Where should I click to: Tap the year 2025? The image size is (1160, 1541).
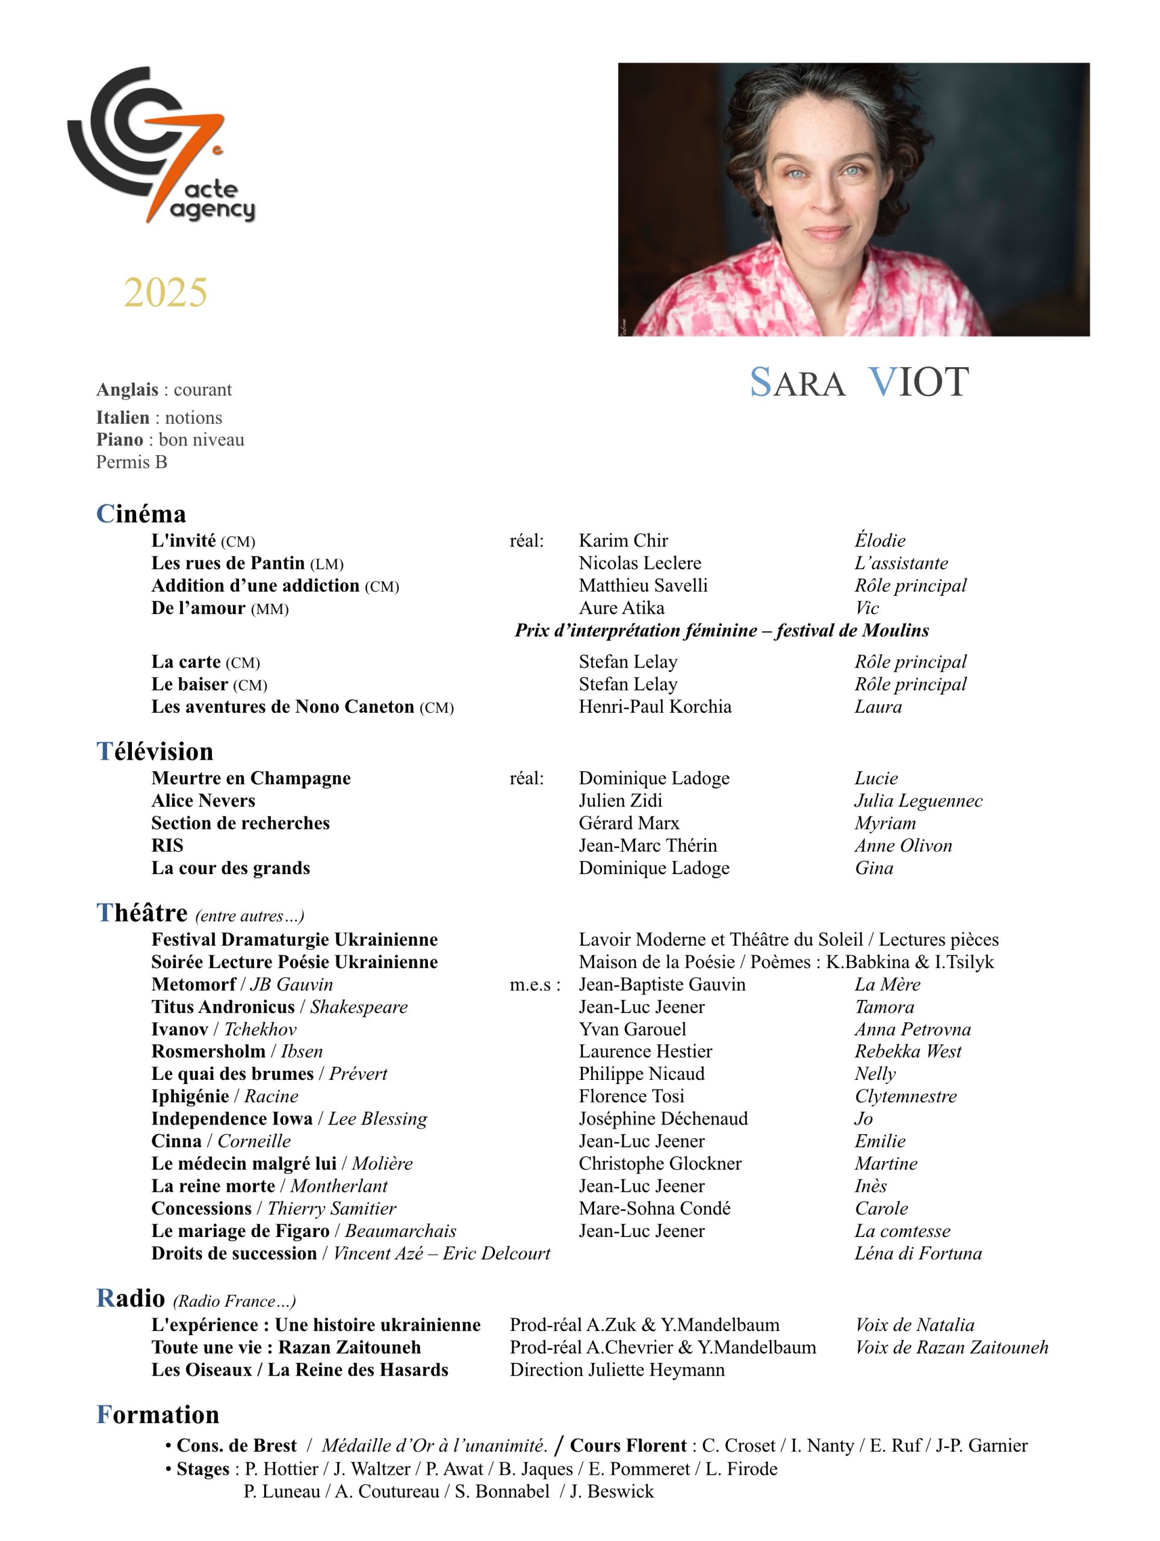[x=165, y=292]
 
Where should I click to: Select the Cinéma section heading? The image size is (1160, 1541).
[x=141, y=513]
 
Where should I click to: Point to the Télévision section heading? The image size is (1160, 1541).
[x=155, y=751]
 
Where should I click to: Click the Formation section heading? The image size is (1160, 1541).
[x=158, y=1414]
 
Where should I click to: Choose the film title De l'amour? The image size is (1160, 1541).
[x=198, y=607]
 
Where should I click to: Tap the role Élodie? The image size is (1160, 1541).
[x=880, y=540]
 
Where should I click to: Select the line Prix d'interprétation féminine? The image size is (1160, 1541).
[x=721, y=630]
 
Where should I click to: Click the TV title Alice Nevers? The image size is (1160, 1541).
[x=203, y=801]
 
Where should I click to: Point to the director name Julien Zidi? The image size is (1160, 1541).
[x=620, y=801]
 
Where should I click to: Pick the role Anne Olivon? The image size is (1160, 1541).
[x=903, y=845]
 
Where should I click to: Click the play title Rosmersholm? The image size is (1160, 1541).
[x=208, y=1050]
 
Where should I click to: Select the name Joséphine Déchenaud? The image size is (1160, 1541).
[x=663, y=1118]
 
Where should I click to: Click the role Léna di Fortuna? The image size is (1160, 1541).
[x=917, y=1253]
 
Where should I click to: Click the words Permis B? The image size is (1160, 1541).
[x=132, y=462]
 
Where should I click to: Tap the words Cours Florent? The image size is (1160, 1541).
[x=628, y=1445]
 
